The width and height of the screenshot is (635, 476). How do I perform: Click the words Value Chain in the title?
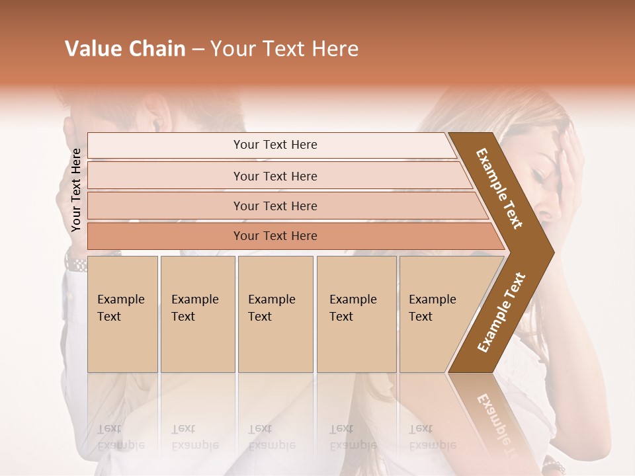[x=125, y=49]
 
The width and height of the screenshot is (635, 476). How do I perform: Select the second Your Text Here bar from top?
[x=275, y=176]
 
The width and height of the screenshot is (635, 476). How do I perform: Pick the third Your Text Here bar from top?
[x=275, y=206]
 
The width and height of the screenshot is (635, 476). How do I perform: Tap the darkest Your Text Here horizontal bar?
[x=275, y=236]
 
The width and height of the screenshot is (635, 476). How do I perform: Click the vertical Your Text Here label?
[x=76, y=190]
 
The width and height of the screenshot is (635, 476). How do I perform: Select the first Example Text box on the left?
[x=122, y=313]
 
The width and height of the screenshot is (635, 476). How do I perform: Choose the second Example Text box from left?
[x=197, y=313]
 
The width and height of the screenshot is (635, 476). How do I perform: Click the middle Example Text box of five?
[x=275, y=313]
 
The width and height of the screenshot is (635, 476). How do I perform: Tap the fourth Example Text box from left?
[x=356, y=313]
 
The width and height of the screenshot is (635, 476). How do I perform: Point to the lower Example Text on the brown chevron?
[x=501, y=312]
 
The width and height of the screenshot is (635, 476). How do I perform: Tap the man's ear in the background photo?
[x=157, y=117]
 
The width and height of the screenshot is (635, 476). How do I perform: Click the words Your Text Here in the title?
[x=284, y=49]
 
